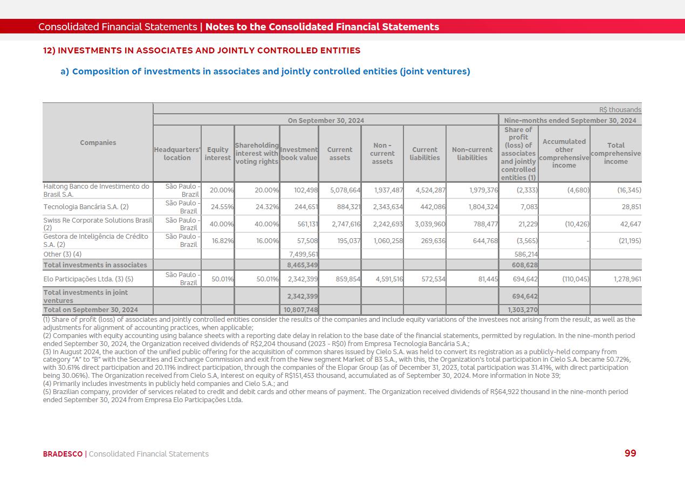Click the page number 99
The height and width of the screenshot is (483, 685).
coord(630,453)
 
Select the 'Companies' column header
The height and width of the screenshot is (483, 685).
coord(98,143)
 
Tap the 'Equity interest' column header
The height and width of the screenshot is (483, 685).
coord(217,154)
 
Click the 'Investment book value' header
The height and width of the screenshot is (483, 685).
coord(299,154)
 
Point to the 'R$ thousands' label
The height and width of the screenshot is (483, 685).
coord(620,109)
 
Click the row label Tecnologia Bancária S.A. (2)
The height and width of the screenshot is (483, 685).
coord(86,207)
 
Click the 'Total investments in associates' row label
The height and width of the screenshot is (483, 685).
coord(95,265)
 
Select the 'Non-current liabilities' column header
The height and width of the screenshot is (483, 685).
coord(472,154)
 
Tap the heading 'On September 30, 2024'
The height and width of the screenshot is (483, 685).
coord(326,120)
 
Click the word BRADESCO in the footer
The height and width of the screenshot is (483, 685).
coord(63,454)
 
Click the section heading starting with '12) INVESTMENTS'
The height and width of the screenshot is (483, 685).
coord(202,51)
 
